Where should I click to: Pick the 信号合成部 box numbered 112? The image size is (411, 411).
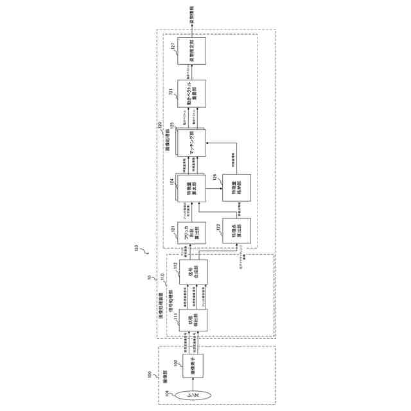[x=192, y=275]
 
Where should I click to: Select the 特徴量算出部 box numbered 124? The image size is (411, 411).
[x=192, y=189]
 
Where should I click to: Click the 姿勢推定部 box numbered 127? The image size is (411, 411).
[x=192, y=50]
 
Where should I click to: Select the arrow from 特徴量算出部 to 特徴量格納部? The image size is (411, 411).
[x=214, y=189]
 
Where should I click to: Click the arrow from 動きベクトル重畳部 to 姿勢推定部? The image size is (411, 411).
[x=192, y=73]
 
